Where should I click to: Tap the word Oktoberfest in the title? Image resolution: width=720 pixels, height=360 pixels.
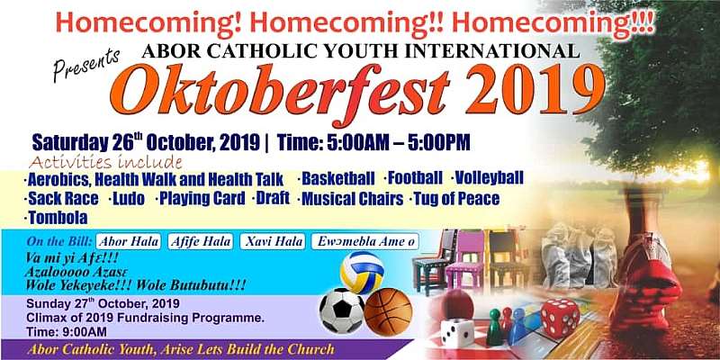tap(278, 91)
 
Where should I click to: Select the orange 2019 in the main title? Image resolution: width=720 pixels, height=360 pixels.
tap(535, 89)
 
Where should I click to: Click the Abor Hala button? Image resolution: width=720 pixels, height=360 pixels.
tap(129, 241)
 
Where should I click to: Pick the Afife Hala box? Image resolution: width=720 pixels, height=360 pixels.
tap(201, 241)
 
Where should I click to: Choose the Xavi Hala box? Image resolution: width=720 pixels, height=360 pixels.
tap(273, 241)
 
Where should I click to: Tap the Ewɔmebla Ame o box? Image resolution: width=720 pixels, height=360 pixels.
tap(365, 241)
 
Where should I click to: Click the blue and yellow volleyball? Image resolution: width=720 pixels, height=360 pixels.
tap(363, 273)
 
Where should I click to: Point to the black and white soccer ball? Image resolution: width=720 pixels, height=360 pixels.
tap(342, 310)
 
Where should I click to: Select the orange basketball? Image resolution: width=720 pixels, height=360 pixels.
tap(389, 312)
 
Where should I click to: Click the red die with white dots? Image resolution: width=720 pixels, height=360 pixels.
tap(560, 318)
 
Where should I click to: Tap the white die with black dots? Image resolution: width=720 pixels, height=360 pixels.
tap(457, 332)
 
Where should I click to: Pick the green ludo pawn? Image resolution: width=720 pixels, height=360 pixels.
tap(494, 327)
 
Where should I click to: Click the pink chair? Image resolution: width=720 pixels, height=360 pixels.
tap(464, 261)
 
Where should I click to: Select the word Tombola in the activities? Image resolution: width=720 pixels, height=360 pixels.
tap(58, 218)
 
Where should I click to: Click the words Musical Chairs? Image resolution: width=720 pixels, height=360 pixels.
tap(353, 199)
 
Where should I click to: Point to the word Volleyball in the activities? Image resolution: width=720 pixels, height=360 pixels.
tap(490, 177)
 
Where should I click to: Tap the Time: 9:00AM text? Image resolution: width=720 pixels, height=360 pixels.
tap(67, 331)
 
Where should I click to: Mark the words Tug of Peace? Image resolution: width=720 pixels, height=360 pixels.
tap(456, 199)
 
